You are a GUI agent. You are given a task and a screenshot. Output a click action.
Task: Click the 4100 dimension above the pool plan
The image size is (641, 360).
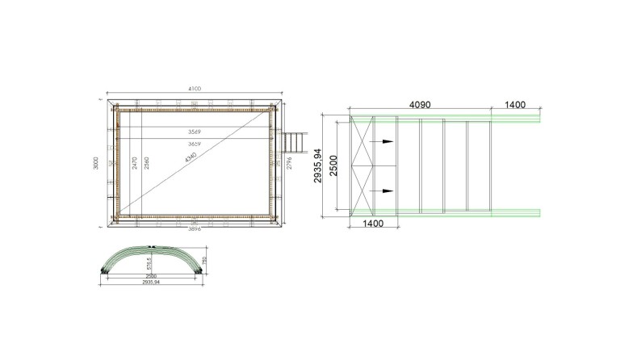pos(195,88)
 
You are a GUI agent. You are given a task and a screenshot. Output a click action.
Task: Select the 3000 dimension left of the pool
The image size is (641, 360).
pos(96,165)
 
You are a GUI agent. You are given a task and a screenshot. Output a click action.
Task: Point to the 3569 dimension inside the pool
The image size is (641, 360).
pos(195,131)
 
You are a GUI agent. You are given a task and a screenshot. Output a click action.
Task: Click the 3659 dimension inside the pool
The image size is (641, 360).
pos(195,144)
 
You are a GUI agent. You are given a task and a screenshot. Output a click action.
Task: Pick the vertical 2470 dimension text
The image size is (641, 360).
pos(135,166)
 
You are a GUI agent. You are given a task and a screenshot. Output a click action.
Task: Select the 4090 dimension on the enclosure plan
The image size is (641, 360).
pos(425,105)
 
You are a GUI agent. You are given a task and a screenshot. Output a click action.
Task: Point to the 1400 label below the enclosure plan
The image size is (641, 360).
pos(372,222)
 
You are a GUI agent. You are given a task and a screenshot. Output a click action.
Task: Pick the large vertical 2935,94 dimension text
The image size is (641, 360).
pos(318,165)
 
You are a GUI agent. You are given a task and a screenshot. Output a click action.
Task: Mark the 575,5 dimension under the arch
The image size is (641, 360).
pos(149,264)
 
